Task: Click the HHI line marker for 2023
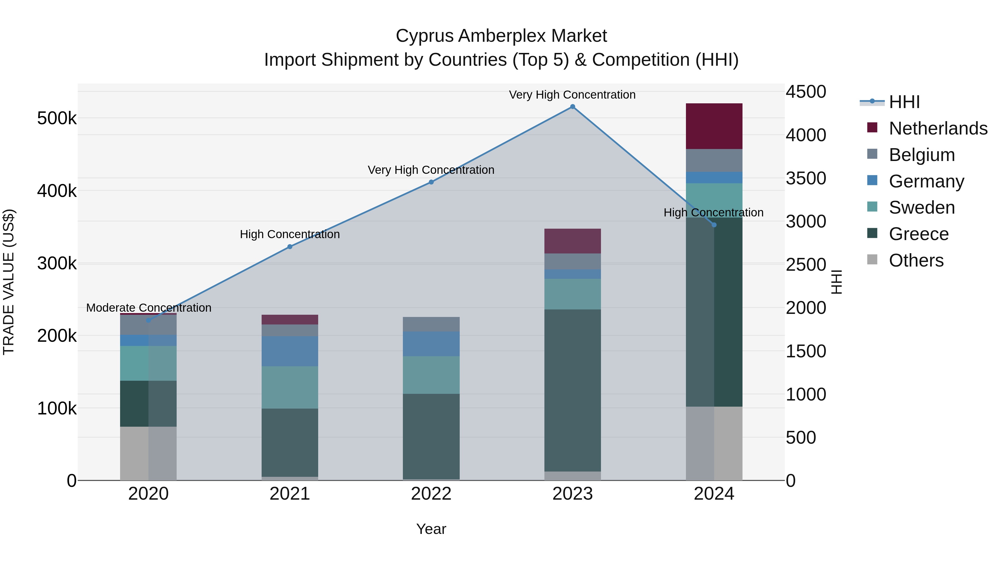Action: point(572,107)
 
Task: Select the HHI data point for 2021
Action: point(290,246)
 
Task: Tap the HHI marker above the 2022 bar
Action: point(431,182)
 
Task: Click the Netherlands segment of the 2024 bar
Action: point(714,126)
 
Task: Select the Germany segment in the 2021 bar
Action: point(290,351)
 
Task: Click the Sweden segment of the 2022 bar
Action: point(431,375)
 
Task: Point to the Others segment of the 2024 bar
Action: point(714,443)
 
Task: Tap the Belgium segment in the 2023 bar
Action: point(572,261)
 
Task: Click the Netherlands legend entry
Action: point(938,128)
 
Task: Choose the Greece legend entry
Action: point(919,234)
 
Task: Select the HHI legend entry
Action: point(904,102)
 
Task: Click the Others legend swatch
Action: point(872,260)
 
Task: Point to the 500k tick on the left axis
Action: point(57,118)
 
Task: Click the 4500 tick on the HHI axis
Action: point(805,92)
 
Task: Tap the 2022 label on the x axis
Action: point(431,494)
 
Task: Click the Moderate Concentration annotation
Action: point(149,307)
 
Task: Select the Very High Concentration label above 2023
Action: point(572,95)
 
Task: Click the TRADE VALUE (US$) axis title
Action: point(9,282)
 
